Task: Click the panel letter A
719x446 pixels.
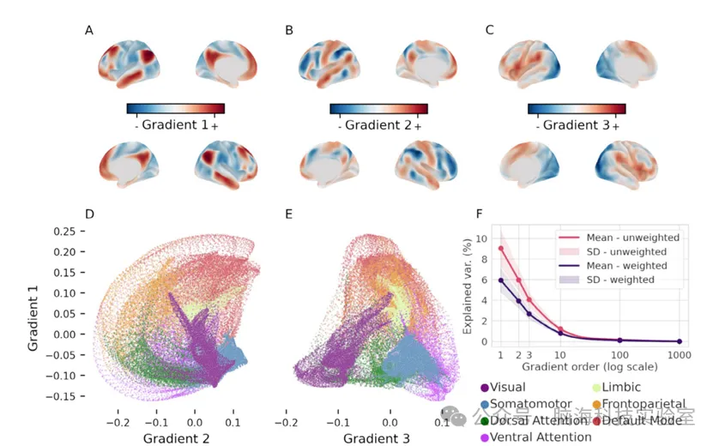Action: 89,31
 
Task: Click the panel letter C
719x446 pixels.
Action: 489,31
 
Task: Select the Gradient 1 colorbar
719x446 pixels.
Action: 175,109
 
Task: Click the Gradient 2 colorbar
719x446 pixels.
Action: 378,109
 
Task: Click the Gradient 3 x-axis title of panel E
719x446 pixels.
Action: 377,437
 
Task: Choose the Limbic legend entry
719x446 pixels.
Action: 626,387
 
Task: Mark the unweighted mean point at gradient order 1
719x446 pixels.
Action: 500,249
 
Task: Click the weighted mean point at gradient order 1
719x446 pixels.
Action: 500,280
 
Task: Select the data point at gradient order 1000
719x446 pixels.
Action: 679,341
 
